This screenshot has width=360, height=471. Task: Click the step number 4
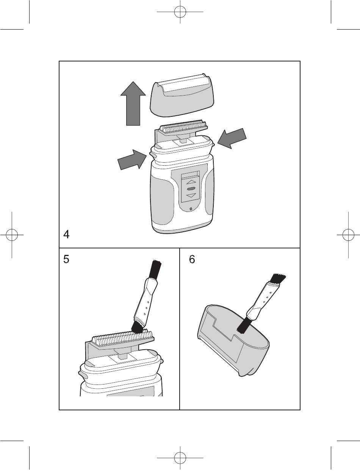(x=66, y=235)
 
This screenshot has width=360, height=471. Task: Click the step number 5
(x=66, y=261)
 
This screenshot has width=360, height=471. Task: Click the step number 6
(x=192, y=261)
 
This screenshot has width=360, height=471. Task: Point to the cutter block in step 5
(x=121, y=335)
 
